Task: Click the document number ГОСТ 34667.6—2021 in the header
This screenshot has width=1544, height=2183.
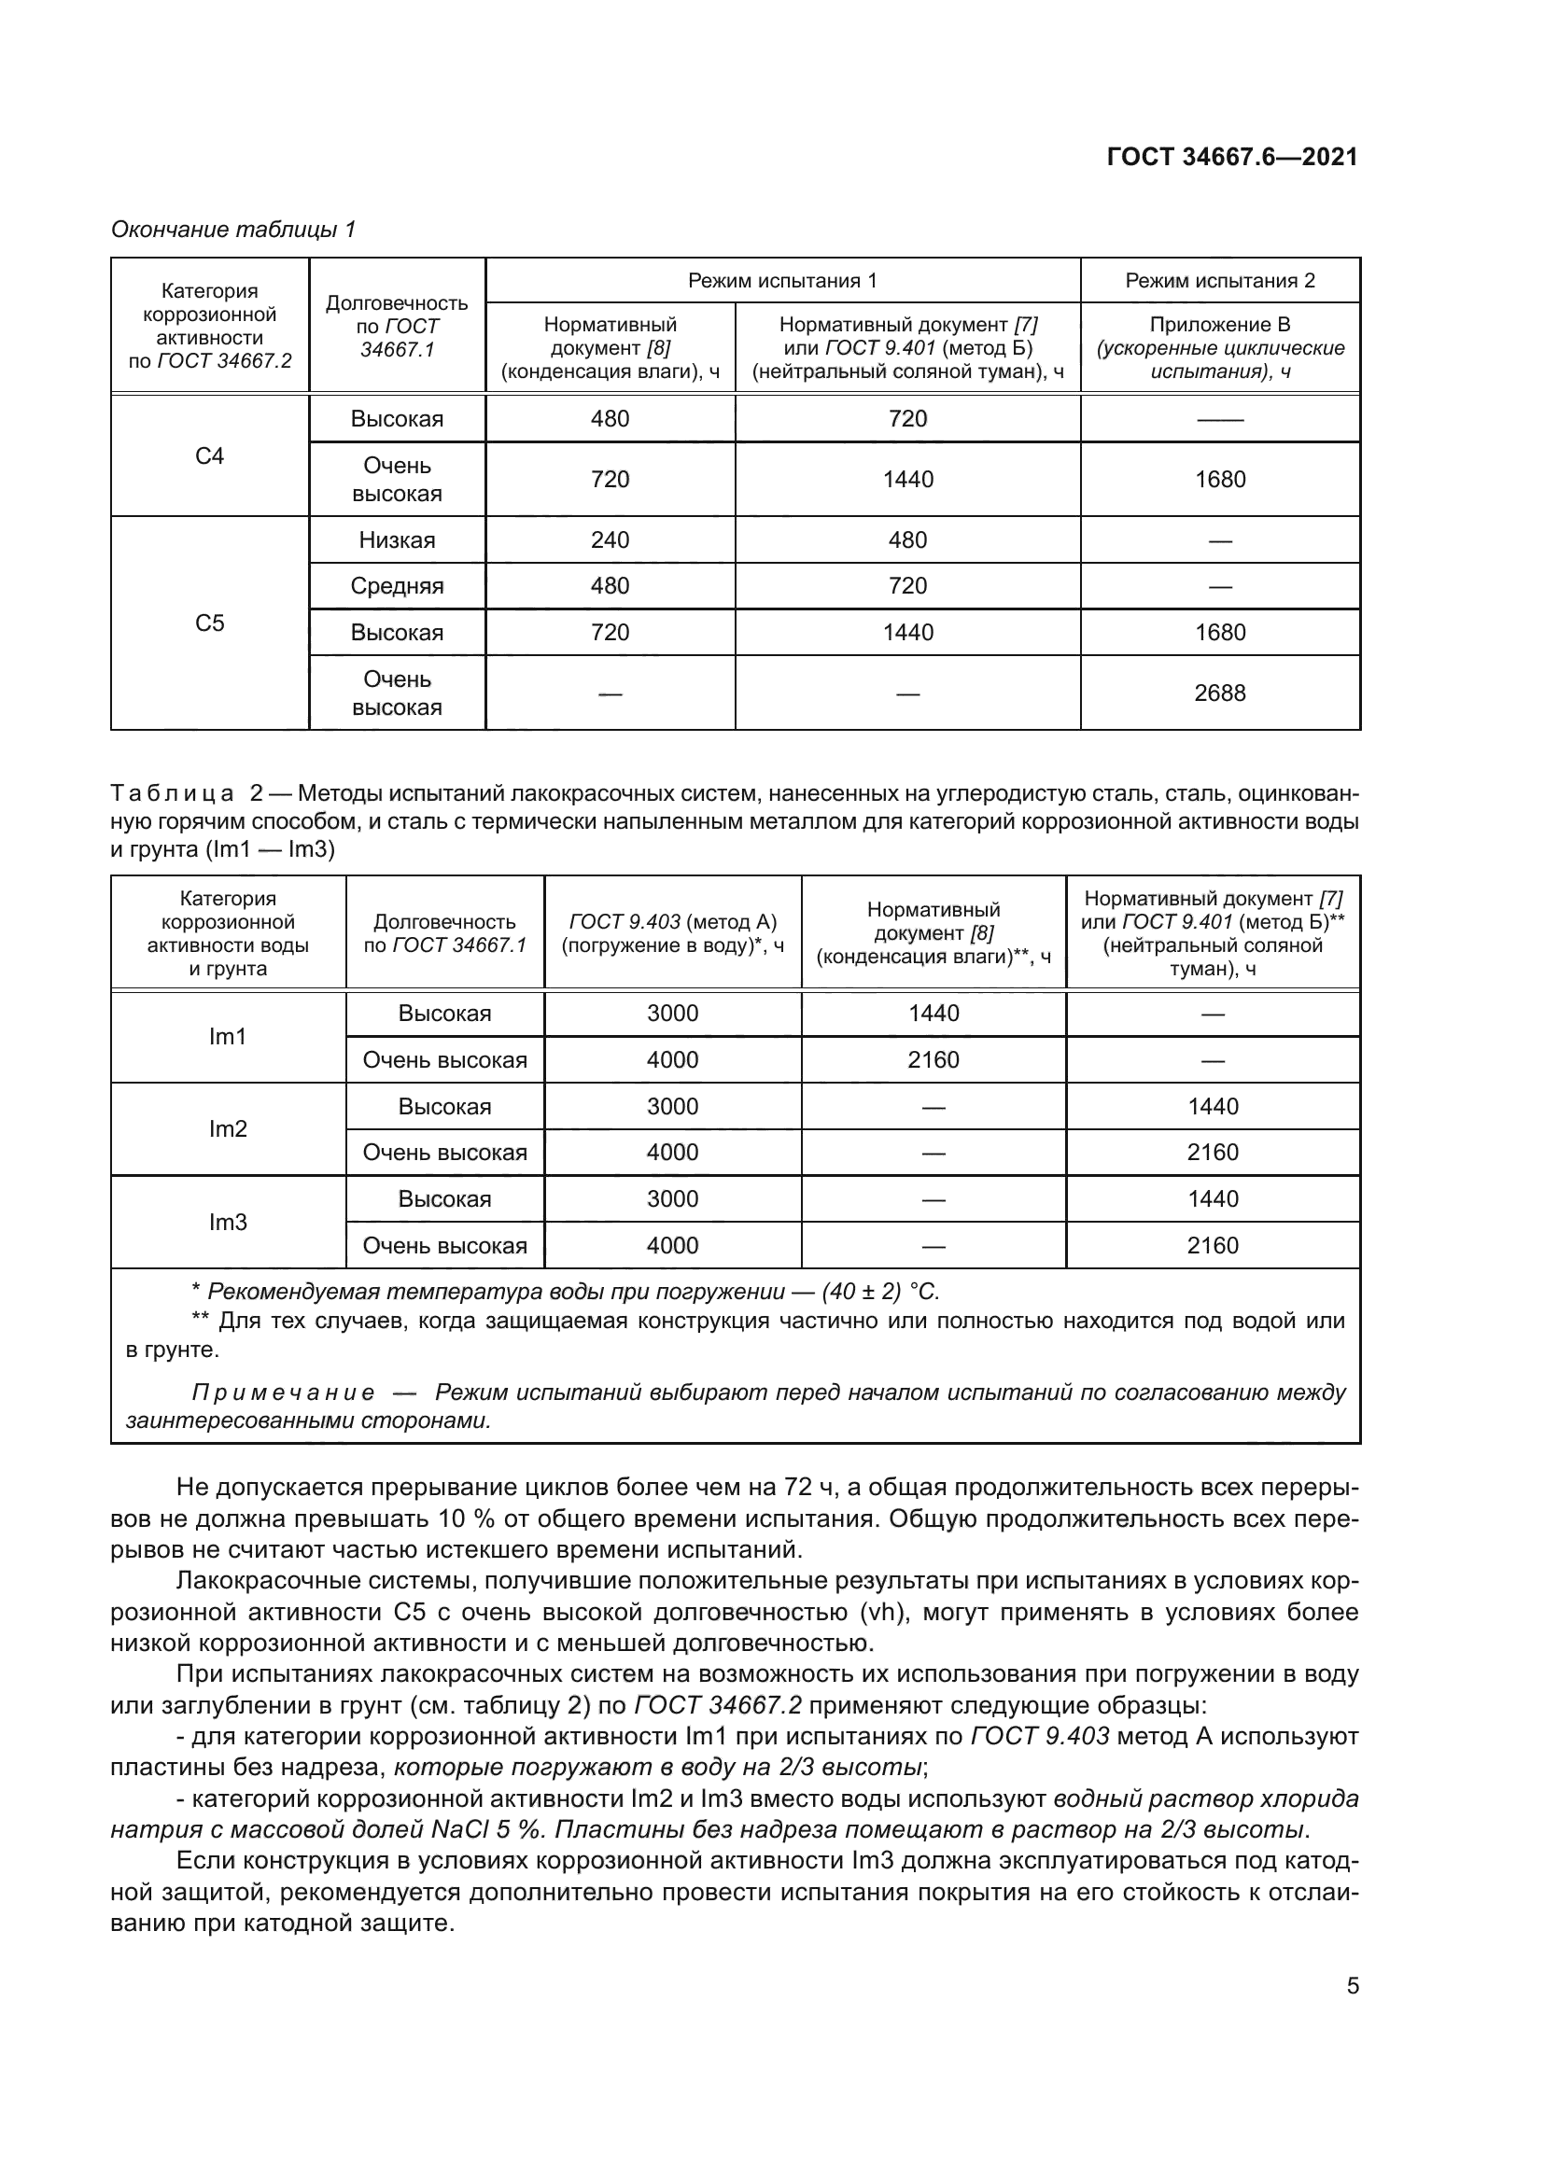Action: (1232, 157)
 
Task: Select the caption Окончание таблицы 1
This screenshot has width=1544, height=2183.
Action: (233, 230)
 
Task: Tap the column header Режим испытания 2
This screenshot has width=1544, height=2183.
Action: (1220, 281)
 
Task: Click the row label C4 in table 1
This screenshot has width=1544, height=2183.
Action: (209, 456)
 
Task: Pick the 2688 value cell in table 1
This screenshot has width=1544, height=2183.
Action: (1220, 693)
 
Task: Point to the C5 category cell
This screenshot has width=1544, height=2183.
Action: (209, 623)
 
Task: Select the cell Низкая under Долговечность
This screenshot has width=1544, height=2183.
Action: (397, 540)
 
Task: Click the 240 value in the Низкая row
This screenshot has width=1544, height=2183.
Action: (610, 540)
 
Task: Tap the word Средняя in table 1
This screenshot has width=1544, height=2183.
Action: (397, 586)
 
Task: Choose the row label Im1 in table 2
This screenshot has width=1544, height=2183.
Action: (227, 1036)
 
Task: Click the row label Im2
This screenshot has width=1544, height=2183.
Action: (227, 1128)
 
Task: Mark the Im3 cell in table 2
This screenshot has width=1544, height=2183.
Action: (227, 1222)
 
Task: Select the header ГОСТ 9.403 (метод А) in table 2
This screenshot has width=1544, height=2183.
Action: (672, 921)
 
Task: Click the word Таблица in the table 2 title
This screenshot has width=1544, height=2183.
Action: (172, 793)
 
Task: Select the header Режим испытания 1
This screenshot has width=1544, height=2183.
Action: (781, 281)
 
